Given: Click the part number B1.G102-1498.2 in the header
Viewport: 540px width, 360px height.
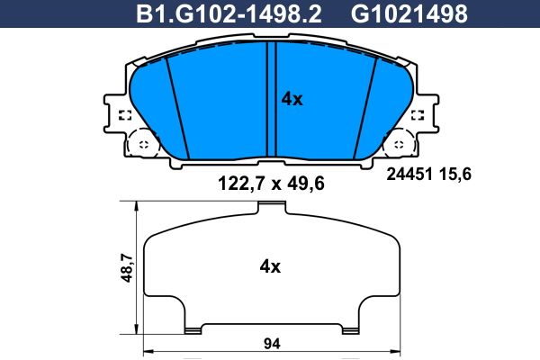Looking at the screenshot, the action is [229, 13].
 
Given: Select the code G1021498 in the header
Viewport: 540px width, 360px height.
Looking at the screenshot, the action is [409, 13].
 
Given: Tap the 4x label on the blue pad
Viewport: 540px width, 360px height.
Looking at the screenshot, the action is [292, 99].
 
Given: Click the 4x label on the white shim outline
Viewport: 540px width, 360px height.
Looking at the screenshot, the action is [270, 266].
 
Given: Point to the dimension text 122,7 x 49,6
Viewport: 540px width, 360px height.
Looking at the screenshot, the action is [272, 184].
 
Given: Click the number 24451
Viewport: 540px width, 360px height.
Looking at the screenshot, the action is [409, 175].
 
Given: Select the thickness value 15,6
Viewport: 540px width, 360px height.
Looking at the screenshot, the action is [454, 175].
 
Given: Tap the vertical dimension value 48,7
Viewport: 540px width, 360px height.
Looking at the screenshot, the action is [127, 267].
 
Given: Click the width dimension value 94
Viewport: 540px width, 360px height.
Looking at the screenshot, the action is [272, 344].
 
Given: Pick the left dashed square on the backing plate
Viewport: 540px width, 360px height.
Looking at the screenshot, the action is [125, 115].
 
